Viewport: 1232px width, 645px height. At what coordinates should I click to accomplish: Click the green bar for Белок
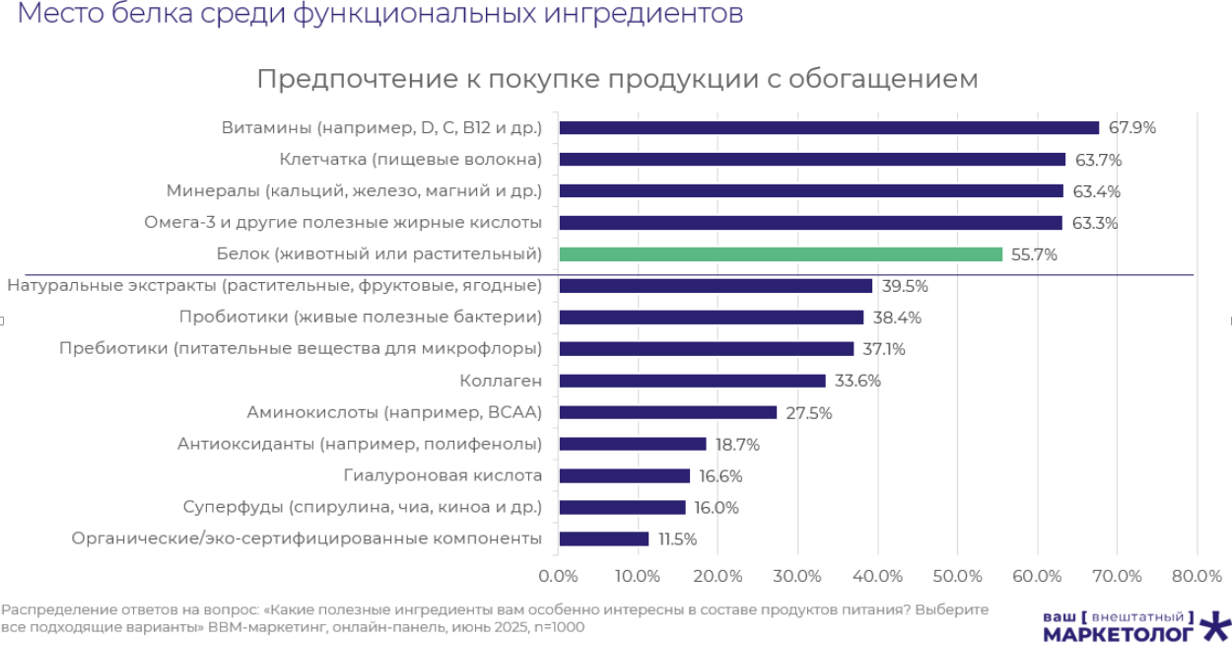point(781,254)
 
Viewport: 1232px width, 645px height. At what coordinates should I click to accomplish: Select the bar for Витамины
point(829,128)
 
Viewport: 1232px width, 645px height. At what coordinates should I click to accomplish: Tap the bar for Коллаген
point(692,381)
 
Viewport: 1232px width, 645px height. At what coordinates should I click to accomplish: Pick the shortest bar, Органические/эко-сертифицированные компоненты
point(604,538)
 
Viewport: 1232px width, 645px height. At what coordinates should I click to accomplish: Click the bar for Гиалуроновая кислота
point(624,475)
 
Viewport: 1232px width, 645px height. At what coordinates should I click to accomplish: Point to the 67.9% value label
point(1131,128)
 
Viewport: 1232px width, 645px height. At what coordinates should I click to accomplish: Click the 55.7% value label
point(1035,254)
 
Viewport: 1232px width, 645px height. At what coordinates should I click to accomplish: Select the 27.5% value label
point(809,413)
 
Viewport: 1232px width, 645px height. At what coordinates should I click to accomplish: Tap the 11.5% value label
point(677,539)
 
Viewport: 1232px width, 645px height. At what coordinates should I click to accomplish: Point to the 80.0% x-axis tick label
point(1196,576)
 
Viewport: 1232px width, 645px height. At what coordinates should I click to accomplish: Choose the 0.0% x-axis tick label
point(559,576)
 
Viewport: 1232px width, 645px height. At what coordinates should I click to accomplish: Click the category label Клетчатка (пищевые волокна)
point(410,160)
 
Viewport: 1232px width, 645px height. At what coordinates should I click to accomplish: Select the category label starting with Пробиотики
point(360,318)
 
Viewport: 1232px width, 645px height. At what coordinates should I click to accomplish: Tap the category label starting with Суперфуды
point(362,507)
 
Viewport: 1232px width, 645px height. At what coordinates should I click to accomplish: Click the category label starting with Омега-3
point(343,223)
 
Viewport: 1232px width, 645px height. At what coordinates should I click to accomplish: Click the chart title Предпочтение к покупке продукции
point(617,79)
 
